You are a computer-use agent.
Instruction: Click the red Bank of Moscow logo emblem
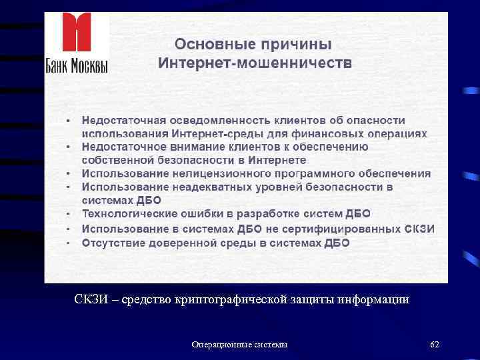tap(76, 33)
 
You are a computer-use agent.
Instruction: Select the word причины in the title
tap(296, 45)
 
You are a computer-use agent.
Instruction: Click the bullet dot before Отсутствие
tap(69, 243)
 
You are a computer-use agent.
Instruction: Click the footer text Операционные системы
tap(240, 344)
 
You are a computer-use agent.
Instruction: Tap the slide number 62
tap(435, 344)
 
